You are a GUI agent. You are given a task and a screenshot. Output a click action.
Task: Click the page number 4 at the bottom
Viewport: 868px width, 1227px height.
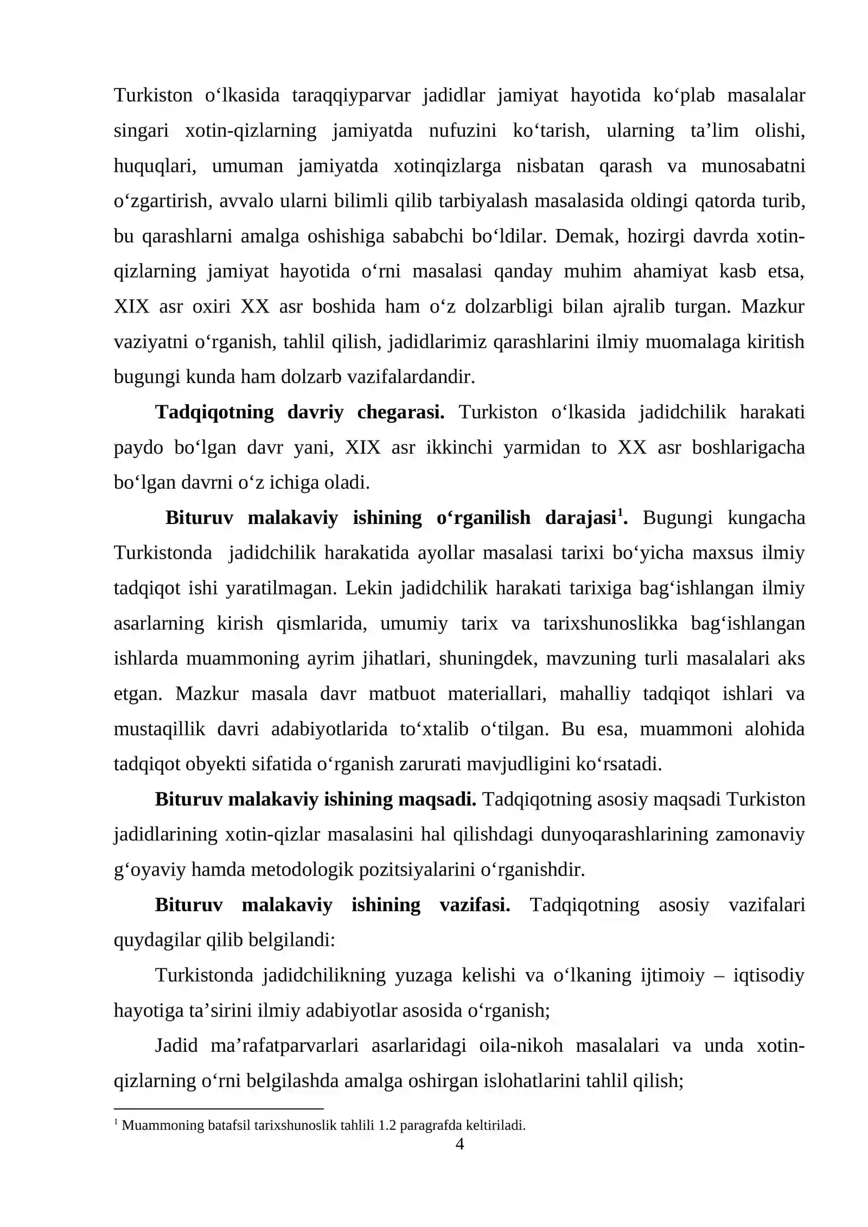[459, 1144]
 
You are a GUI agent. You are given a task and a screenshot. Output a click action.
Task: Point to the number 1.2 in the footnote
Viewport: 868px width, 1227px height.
[386, 1125]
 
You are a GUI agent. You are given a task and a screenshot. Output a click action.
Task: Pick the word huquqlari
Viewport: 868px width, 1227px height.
[155, 166]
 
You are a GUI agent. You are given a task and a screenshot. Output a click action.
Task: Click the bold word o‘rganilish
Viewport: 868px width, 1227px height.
[483, 518]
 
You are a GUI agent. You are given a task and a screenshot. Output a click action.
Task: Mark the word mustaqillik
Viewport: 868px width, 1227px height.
[159, 729]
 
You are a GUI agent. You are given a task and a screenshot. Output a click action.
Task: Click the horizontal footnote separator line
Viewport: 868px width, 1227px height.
[218, 1109]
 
